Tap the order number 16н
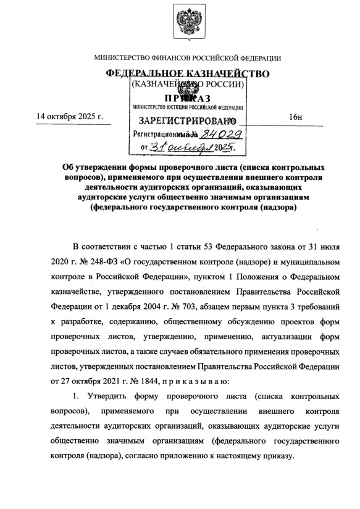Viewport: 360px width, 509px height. [x=294, y=117]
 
